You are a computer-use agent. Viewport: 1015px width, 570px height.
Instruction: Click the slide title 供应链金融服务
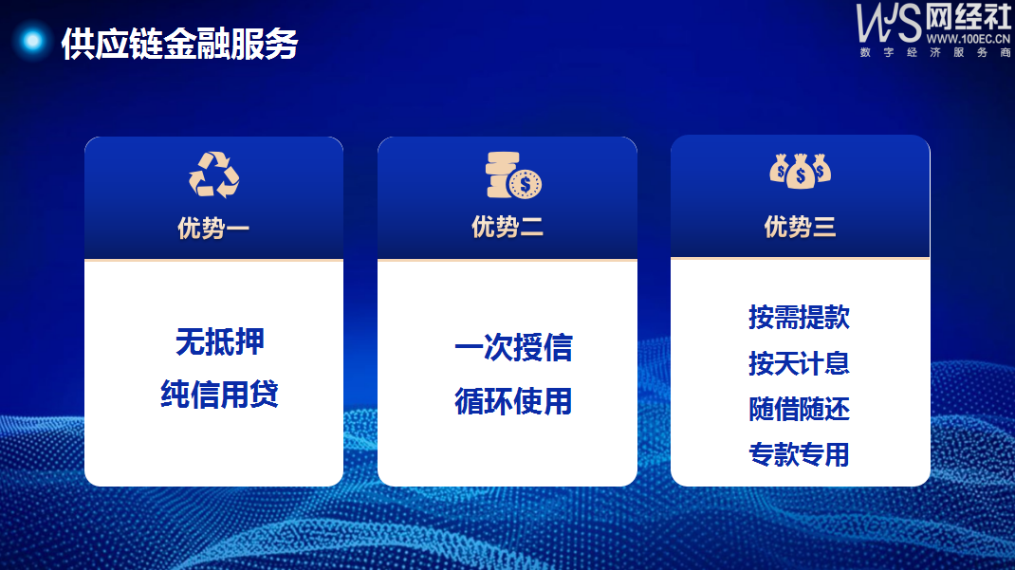click(x=179, y=44)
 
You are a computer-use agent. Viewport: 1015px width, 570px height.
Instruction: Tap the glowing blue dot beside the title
click(x=32, y=41)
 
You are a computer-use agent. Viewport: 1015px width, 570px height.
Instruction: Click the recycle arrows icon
click(x=213, y=175)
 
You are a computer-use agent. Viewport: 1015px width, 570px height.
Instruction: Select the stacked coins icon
click(x=513, y=175)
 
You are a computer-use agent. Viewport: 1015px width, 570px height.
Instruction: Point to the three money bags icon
click(x=800, y=171)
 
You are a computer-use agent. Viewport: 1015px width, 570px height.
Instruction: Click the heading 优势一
click(x=213, y=229)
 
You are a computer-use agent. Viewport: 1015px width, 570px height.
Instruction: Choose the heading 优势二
click(x=507, y=227)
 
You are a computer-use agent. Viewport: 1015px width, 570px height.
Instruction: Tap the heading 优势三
click(x=800, y=227)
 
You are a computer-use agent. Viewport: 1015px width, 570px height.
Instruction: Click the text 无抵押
click(x=220, y=341)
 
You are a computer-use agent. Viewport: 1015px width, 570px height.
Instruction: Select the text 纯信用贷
click(x=220, y=394)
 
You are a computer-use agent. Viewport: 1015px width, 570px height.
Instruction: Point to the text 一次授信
click(x=513, y=347)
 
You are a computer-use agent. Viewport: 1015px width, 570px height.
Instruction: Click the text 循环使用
click(x=513, y=401)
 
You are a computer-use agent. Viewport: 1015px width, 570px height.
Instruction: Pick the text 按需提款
click(x=800, y=317)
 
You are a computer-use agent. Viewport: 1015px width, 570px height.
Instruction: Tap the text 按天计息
click(x=800, y=363)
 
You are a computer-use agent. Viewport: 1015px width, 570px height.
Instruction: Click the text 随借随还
click(x=800, y=409)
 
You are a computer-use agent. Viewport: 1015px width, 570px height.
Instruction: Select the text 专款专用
click(x=800, y=455)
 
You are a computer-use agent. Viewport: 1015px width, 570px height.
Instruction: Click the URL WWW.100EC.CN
click(x=969, y=39)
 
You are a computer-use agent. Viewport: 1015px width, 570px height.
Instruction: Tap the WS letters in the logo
click(x=888, y=23)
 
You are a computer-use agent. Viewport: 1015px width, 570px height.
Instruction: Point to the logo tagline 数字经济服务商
click(x=935, y=52)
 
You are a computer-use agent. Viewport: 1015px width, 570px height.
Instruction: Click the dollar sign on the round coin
click(x=525, y=185)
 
